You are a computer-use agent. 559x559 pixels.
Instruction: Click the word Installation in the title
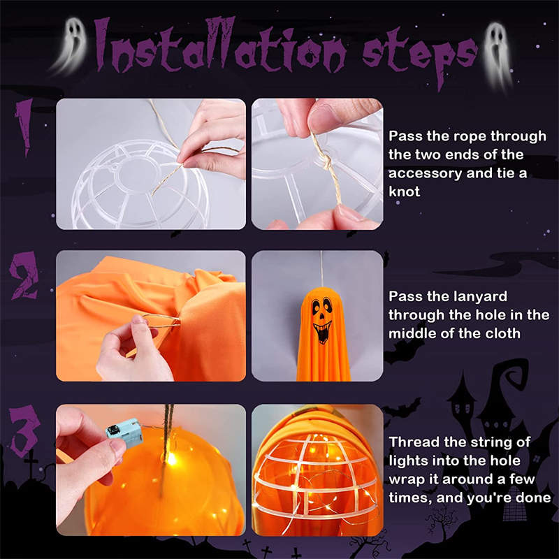click(220, 45)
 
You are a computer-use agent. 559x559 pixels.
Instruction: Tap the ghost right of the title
click(498, 55)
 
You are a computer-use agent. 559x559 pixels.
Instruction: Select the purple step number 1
click(24, 126)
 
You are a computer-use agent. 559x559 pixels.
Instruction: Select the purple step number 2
click(24, 275)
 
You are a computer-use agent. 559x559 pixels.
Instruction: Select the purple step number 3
click(24, 430)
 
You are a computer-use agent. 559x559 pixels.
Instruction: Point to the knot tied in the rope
click(326, 162)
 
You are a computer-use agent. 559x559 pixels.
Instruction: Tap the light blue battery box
click(125, 433)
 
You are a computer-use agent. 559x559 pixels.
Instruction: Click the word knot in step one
click(405, 191)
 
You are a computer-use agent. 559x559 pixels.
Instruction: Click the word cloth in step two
click(502, 333)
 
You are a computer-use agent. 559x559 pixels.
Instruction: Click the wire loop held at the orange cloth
click(161, 321)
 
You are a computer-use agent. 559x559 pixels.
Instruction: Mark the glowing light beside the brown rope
click(172, 459)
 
